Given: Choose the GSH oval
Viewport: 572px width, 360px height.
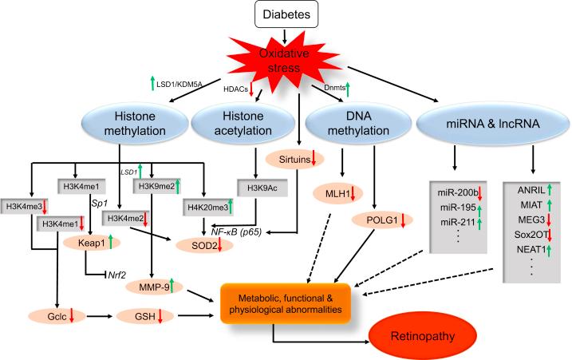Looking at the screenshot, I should (156, 318).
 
